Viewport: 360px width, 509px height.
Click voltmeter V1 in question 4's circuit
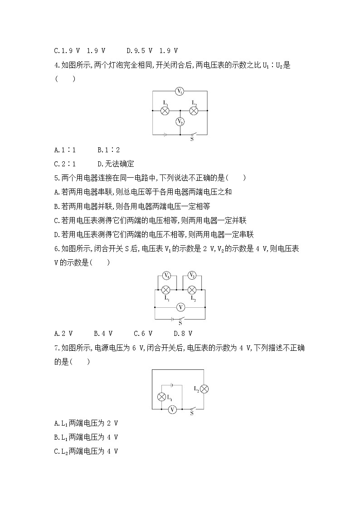click(180, 92)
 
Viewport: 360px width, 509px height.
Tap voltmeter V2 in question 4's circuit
click(180, 122)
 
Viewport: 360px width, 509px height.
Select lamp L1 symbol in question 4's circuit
click(165, 110)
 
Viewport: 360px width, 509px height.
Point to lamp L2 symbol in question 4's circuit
click(194, 110)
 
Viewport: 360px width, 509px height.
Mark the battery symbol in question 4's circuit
click(166, 134)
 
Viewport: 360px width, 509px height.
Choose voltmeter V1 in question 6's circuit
click(166, 276)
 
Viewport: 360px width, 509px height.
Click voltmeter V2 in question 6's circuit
click(192, 276)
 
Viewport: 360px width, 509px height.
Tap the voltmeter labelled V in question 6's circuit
click(180, 307)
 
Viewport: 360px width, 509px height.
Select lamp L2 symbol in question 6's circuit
click(192, 290)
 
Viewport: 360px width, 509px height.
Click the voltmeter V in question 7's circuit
click(172, 409)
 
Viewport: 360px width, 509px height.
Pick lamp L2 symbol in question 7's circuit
click(204, 388)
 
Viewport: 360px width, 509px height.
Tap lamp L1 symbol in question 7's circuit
click(161, 397)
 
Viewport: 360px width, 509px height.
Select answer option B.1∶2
click(108, 149)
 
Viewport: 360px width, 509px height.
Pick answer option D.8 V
click(183, 333)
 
